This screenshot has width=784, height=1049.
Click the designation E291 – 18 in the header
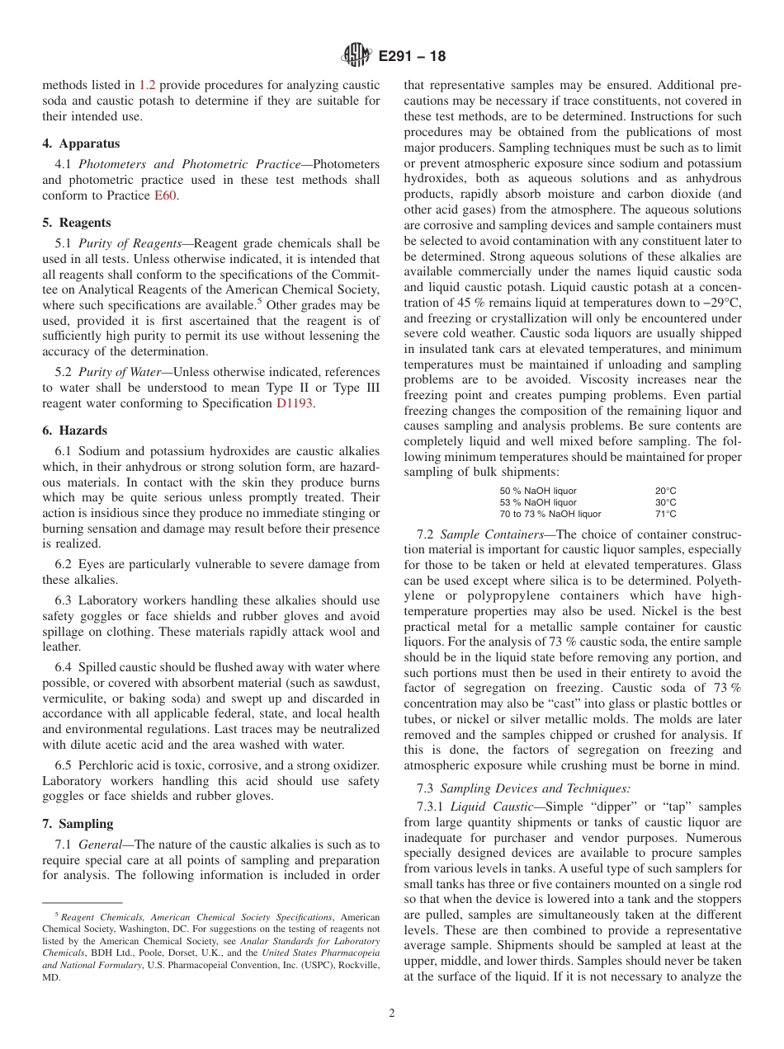click(x=412, y=56)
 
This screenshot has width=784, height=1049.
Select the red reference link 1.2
click(x=147, y=84)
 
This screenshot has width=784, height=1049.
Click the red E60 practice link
click(x=166, y=195)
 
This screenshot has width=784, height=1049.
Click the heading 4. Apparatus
click(x=81, y=143)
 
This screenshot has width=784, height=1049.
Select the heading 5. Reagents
click(x=77, y=223)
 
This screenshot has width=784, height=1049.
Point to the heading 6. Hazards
click(x=74, y=430)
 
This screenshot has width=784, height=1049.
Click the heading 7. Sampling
click(x=78, y=824)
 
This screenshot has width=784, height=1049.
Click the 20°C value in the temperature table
click(x=665, y=491)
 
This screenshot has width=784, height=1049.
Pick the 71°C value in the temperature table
click(x=665, y=514)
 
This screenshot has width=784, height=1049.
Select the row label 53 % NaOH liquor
click(x=538, y=502)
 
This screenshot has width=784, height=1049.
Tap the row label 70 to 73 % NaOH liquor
click(x=550, y=514)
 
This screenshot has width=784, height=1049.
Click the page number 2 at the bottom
click(x=392, y=1013)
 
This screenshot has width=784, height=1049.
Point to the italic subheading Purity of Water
click(x=121, y=372)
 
